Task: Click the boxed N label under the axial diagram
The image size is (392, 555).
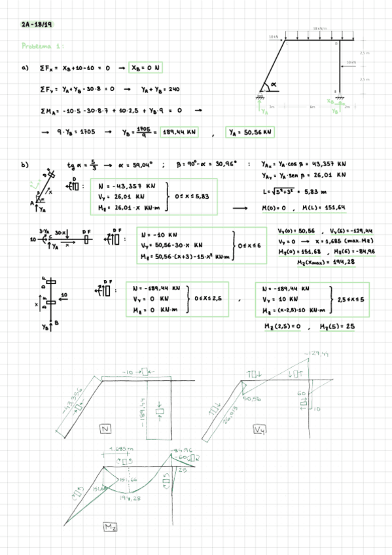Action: click(x=105, y=429)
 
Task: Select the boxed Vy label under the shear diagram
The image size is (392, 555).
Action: click(x=260, y=430)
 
